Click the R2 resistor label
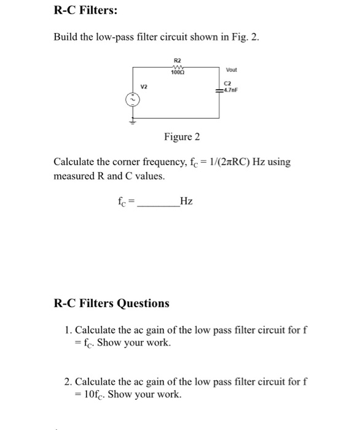(x=178, y=61)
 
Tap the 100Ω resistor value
(x=178, y=72)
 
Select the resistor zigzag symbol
(x=178, y=67)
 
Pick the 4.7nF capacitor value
(x=231, y=90)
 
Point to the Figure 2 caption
(x=182, y=136)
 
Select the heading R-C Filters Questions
(x=112, y=303)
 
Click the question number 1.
(x=68, y=330)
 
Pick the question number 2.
(x=68, y=382)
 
